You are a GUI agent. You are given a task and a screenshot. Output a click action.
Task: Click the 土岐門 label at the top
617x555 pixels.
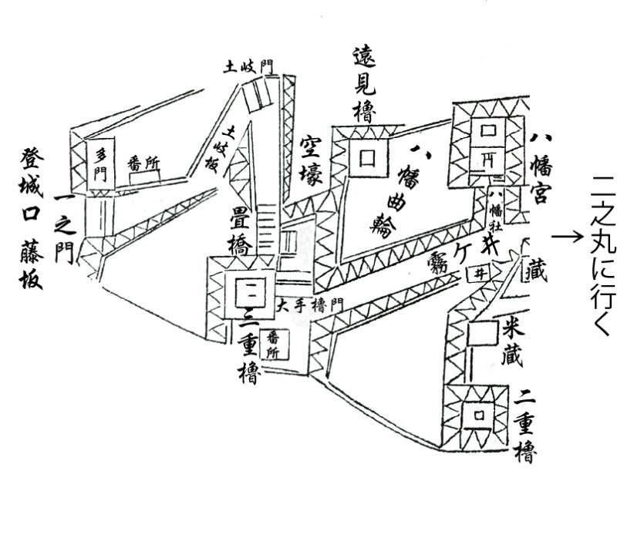point(248,66)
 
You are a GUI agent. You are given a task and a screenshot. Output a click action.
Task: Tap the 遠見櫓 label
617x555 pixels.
point(363,83)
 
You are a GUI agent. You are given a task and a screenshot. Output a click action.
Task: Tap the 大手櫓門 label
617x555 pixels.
point(312,304)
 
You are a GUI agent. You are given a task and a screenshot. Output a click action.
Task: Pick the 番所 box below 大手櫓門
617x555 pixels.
point(273,344)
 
